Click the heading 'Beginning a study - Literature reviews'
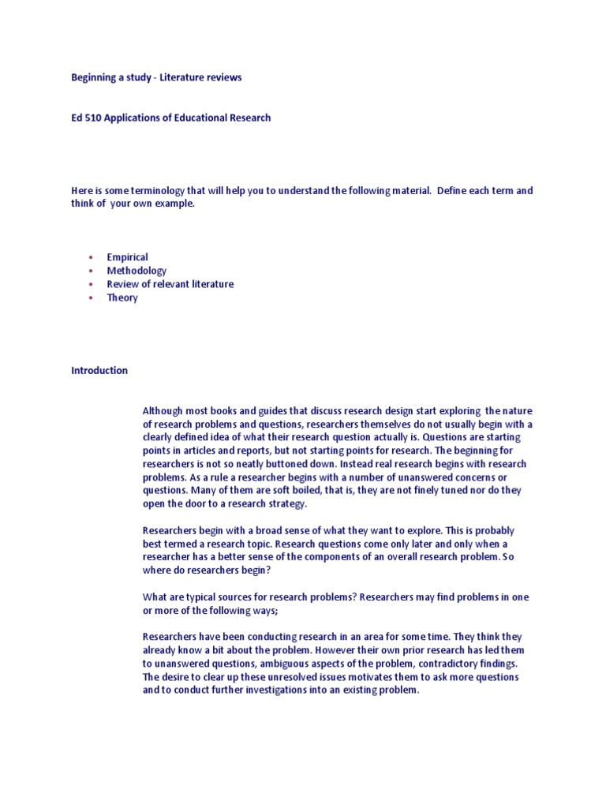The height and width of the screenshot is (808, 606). [156, 77]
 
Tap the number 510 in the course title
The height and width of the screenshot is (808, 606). [93, 118]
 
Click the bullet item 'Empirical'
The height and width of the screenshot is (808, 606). [127, 257]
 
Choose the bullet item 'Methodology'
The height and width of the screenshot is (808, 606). [137, 271]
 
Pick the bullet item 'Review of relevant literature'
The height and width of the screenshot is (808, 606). [170, 284]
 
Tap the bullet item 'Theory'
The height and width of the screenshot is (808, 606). [122, 297]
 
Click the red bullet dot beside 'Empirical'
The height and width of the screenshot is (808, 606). [91, 257]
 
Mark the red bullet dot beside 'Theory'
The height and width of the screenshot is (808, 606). [91, 297]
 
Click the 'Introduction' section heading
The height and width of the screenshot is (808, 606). [99, 370]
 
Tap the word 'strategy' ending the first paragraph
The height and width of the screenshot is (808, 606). [286, 504]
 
